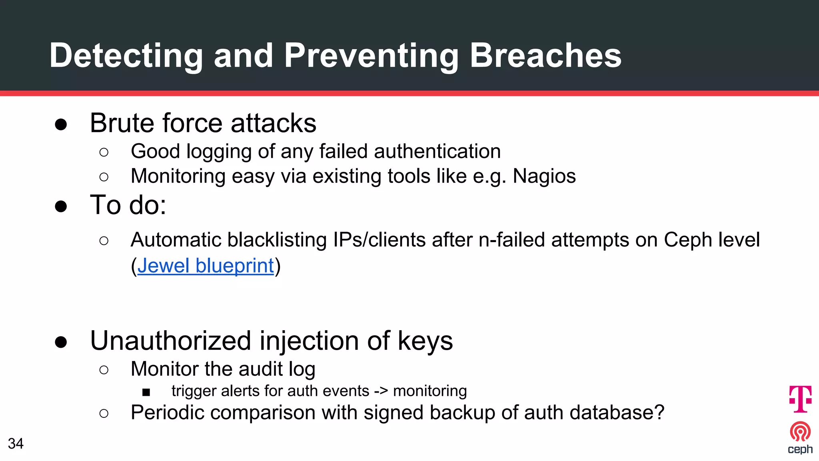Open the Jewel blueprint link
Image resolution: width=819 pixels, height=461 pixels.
(206, 266)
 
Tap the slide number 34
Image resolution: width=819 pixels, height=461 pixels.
(16, 443)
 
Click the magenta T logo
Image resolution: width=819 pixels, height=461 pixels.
(800, 399)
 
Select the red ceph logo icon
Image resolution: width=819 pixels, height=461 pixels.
(800, 432)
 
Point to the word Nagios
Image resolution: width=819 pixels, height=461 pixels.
(544, 176)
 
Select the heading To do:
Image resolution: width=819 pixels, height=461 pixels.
(128, 205)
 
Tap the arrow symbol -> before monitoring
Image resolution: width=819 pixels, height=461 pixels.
(381, 391)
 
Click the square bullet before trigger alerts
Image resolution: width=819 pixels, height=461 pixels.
(146, 392)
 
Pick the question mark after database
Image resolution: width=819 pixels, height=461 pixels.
(660, 412)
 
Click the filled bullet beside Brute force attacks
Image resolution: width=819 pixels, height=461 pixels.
(61, 124)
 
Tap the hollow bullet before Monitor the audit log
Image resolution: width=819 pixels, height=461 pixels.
(104, 370)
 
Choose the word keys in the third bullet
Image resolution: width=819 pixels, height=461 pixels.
(425, 341)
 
